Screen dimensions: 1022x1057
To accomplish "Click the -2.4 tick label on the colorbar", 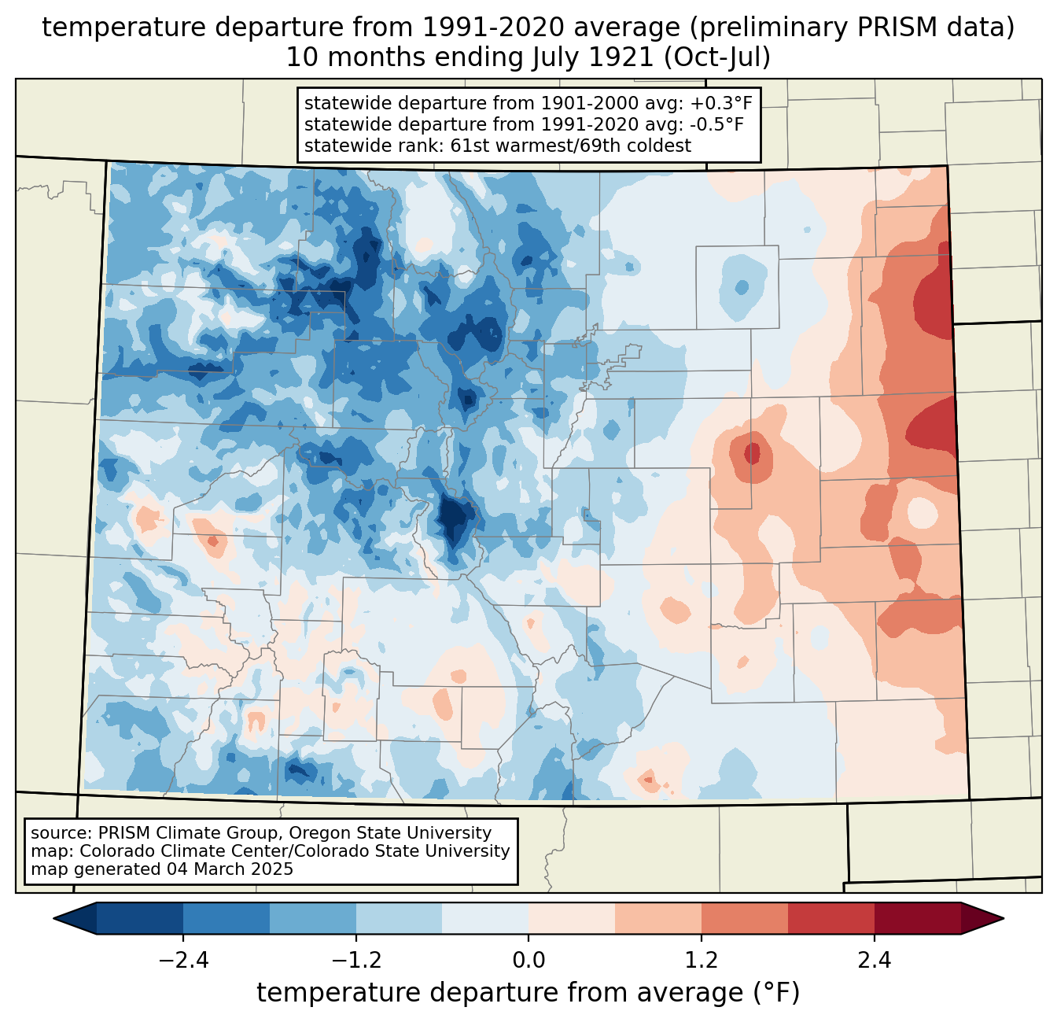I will [183, 961].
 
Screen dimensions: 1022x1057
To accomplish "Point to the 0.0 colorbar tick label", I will [528, 961].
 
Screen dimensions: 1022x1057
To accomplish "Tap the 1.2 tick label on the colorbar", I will [702, 961].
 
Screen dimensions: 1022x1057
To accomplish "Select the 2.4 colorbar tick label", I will [875, 961].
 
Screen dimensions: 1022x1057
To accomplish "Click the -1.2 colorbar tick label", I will [356, 961].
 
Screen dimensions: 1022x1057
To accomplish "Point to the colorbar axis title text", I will [528, 993].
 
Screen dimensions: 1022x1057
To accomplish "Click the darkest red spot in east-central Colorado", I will [753, 453].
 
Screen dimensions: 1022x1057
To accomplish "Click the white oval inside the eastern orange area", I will [923, 513].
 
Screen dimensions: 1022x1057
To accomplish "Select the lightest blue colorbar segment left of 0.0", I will [485, 918].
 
